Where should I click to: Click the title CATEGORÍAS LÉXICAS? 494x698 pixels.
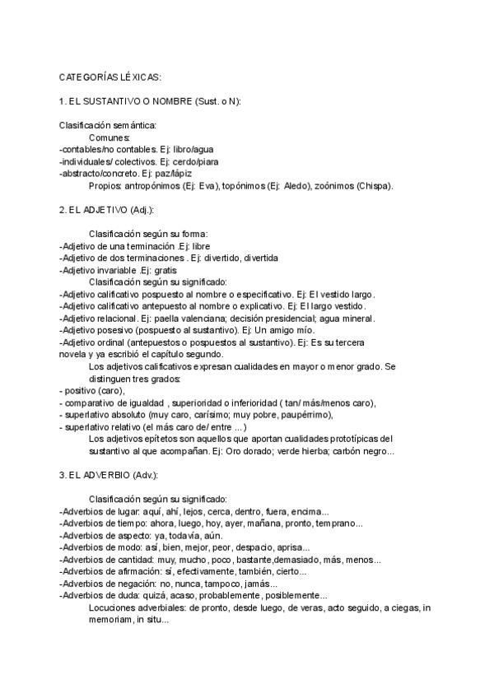click(x=110, y=77)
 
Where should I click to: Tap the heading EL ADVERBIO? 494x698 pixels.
click(x=96, y=475)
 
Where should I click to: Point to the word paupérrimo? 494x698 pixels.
click(x=305, y=415)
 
